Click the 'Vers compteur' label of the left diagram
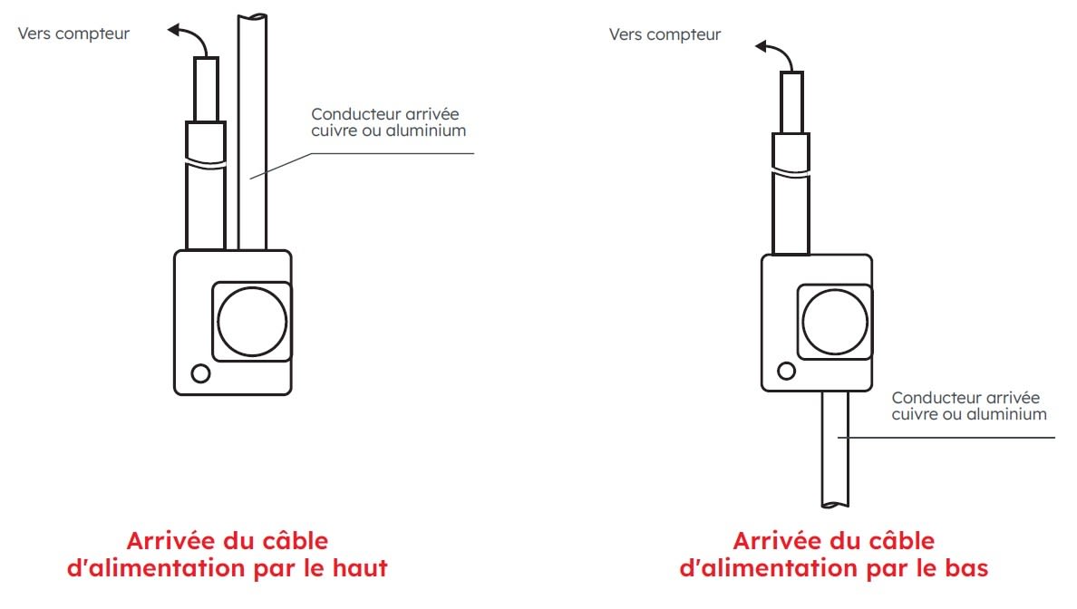tap(73, 34)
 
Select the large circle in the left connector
tap(253, 322)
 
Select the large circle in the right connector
tap(835, 322)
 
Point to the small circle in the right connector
tap(787, 370)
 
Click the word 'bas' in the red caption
tap(965, 569)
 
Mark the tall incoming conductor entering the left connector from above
tap(252, 136)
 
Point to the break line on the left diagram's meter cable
tap(204, 165)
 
